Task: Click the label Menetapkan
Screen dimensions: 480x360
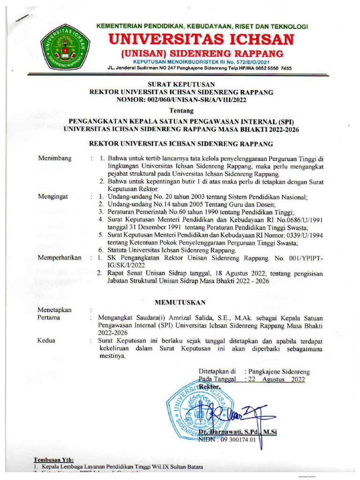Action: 54,310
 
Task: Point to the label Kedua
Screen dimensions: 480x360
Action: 47,341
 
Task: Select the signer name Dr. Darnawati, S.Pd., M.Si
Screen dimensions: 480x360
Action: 238,432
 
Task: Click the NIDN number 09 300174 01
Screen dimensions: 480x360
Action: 238,440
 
